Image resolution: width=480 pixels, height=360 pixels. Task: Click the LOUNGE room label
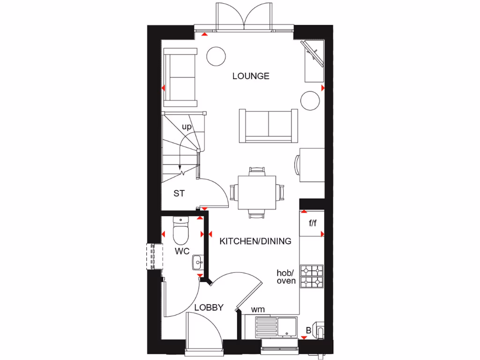(x=251, y=76)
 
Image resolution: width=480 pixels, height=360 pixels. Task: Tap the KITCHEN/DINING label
(x=255, y=241)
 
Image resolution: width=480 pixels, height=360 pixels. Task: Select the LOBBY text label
(x=209, y=307)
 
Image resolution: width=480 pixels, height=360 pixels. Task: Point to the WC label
(x=182, y=251)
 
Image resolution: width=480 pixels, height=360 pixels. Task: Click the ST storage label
(x=179, y=193)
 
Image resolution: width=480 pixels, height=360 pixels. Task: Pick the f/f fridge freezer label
(x=313, y=223)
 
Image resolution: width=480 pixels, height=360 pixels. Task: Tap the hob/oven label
(x=286, y=277)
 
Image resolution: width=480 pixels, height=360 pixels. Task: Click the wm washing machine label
(x=258, y=309)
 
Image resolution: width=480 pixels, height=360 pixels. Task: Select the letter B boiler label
(x=308, y=331)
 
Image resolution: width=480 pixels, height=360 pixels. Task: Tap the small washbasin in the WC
(x=196, y=262)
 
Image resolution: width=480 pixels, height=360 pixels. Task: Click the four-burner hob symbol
(x=312, y=276)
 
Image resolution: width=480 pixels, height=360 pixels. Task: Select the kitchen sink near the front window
(x=277, y=326)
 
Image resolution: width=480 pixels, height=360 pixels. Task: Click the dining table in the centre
(x=256, y=192)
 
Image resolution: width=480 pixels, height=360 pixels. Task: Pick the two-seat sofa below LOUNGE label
(x=268, y=125)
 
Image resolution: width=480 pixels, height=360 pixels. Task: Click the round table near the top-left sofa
(x=217, y=56)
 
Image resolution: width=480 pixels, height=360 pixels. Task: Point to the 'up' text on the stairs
(x=187, y=127)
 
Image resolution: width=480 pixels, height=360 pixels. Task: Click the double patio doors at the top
(x=244, y=18)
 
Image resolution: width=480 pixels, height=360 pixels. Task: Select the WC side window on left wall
(x=153, y=256)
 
